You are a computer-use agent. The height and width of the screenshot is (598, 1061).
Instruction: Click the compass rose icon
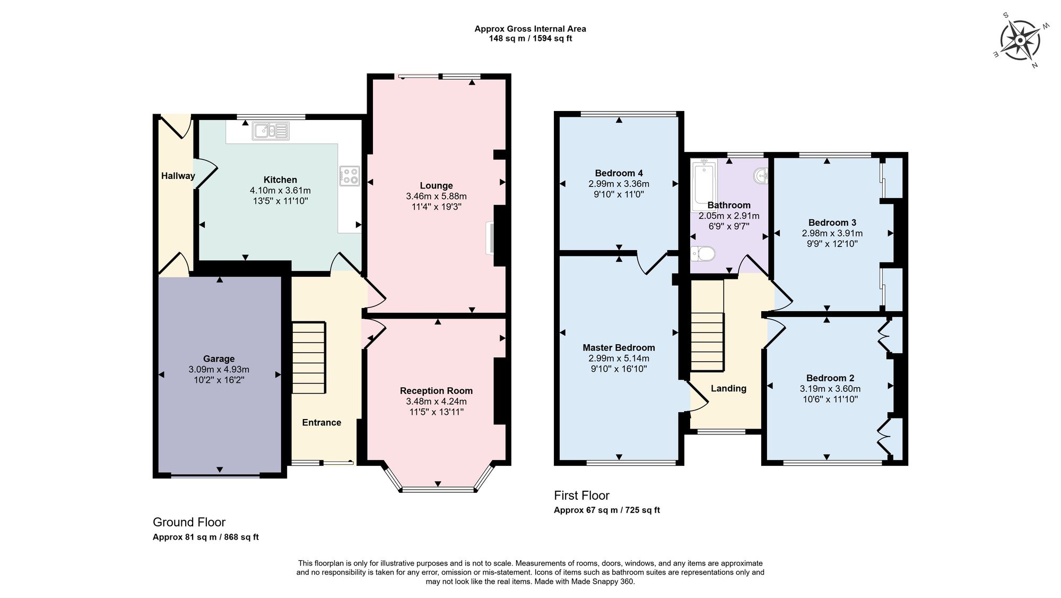point(1020,41)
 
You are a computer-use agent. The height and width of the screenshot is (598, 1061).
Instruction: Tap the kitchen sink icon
point(271,131)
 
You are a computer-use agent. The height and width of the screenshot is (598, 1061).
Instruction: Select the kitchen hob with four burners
point(349,176)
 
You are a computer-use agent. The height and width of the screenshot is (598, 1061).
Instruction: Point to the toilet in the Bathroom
point(703,254)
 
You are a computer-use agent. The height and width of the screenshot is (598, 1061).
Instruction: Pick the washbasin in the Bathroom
point(762,175)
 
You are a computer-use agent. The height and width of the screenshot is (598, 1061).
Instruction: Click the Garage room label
point(219,358)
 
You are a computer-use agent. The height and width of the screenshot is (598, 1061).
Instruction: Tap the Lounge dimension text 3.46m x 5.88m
point(436,196)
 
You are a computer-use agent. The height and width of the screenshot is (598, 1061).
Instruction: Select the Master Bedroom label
point(619,347)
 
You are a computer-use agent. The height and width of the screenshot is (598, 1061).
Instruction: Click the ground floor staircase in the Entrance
point(308,357)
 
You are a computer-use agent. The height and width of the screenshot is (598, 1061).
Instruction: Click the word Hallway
point(178,176)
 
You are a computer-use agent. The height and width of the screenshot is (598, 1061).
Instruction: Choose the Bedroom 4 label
point(619,173)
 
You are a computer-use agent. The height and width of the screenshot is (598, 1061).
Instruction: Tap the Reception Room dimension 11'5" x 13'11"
point(436,412)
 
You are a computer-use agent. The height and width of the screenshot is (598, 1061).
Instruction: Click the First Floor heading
point(581,496)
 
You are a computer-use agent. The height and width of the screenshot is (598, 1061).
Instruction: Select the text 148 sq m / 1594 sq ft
point(530,39)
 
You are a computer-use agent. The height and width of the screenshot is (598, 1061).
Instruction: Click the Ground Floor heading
point(189,522)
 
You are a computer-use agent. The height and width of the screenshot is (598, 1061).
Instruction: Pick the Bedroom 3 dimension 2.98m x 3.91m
point(832,233)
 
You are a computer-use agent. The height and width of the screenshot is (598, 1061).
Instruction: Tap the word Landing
point(728,388)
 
